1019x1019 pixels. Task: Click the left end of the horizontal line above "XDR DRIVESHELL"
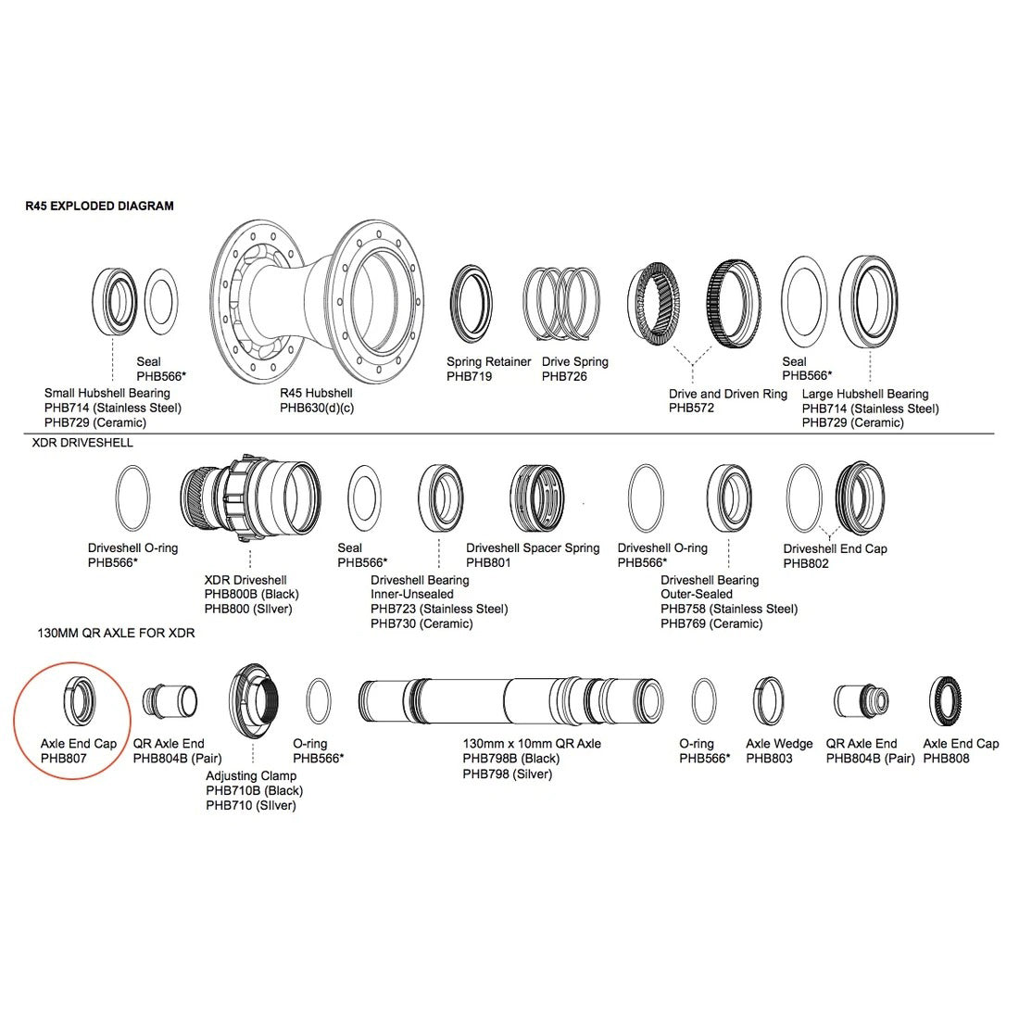coord(24,434)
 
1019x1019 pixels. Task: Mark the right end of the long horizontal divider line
coord(994,434)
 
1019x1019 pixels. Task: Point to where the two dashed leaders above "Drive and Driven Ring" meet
coord(693,365)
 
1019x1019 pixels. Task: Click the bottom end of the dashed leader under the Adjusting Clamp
coord(253,763)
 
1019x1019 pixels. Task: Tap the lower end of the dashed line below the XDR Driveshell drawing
coord(250,568)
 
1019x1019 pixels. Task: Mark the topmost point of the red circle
coord(72,662)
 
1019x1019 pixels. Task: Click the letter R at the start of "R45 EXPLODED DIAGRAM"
coord(30,206)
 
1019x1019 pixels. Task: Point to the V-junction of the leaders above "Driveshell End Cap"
coord(826,535)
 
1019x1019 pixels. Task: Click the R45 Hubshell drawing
coord(318,301)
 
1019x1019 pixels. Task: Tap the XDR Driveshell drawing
coord(250,498)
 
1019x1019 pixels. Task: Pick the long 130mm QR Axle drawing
coord(510,700)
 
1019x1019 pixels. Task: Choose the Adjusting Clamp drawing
coord(254,701)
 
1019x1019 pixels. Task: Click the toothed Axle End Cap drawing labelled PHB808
coord(945,700)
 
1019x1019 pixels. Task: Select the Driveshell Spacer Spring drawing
coord(536,498)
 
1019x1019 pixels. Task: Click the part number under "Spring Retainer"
coord(470,376)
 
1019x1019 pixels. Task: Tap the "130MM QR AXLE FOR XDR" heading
coord(117,633)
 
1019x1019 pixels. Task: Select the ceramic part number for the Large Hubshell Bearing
coord(852,423)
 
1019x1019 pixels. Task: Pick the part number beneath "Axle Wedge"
coord(770,759)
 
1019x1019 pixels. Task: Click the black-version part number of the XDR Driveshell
coord(251,595)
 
